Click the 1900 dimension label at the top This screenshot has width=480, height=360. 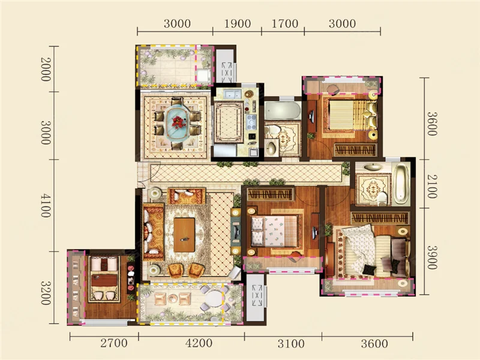237,24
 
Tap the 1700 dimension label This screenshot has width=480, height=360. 285,24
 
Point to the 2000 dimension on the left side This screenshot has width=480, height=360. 46,69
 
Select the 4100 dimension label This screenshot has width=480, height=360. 46,206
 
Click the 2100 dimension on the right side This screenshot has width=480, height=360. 432,186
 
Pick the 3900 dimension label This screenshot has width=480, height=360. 432,257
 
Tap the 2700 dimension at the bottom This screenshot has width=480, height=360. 114,343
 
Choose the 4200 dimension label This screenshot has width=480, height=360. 199,343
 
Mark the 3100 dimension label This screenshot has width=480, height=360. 291,343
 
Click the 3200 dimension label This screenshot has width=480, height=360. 46,293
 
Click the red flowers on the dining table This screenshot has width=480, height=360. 178,122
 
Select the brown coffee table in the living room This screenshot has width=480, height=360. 184,235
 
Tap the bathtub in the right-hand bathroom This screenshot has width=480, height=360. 400,184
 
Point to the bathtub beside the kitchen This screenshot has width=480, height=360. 283,111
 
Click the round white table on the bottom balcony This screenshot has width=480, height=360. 213,299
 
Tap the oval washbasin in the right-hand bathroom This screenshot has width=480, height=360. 371,168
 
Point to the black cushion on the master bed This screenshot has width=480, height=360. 368,269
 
